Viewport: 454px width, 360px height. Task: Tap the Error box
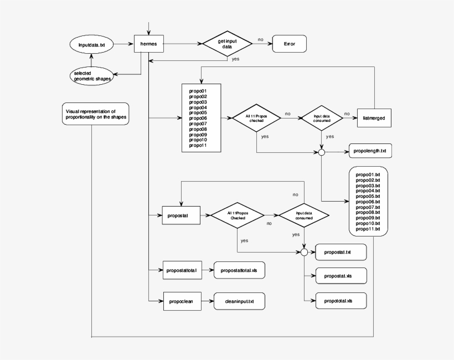[x=289, y=43]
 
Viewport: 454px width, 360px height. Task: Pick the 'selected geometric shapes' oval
[x=92, y=76]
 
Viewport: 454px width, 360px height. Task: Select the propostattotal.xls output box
[x=239, y=270]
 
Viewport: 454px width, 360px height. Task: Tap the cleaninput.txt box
[x=239, y=301]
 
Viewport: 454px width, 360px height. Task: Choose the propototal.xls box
[x=341, y=301]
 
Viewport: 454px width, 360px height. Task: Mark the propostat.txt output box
[x=341, y=253]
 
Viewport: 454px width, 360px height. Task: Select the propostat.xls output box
[x=341, y=275]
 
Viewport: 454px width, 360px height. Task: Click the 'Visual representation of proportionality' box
[x=95, y=114]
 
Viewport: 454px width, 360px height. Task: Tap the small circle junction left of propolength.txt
[x=321, y=151]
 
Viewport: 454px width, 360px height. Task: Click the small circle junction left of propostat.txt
[x=304, y=253]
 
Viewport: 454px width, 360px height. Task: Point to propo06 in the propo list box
[x=198, y=118]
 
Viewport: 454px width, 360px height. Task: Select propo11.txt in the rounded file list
[x=368, y=229]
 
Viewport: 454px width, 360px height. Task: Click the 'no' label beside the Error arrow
[x=260, y=39]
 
